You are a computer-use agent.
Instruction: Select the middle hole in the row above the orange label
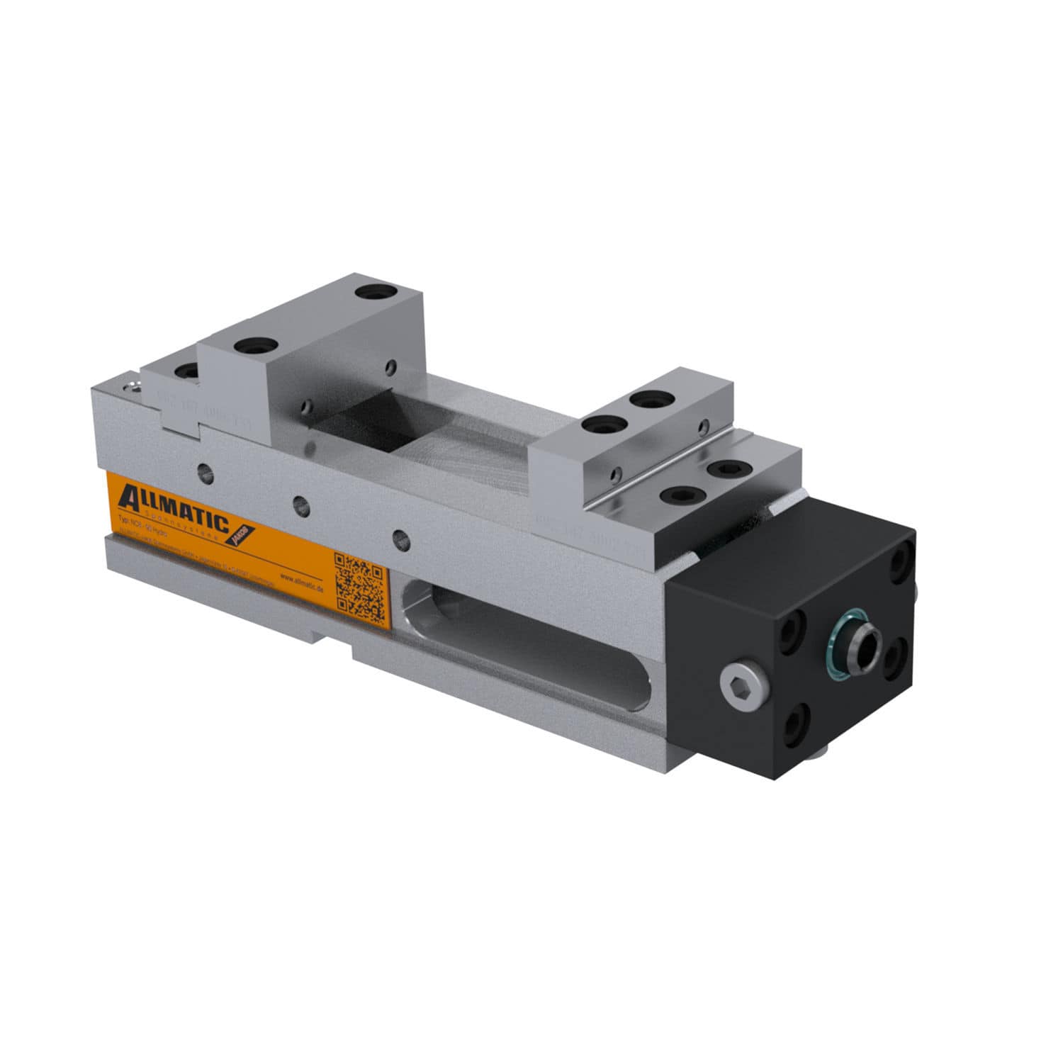[302, 505]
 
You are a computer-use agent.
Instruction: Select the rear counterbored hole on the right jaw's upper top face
[649, 399]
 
